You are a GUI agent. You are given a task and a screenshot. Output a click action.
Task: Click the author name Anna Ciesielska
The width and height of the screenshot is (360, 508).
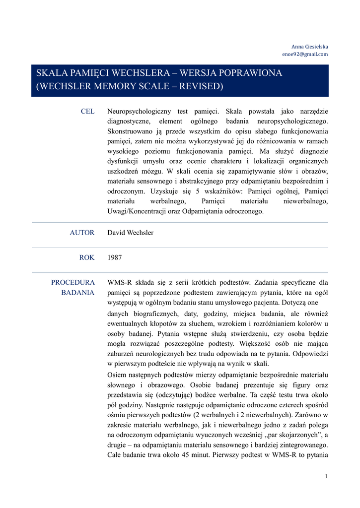pos(309,47)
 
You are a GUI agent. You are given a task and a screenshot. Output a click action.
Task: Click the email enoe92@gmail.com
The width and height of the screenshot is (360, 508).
pos(305,54)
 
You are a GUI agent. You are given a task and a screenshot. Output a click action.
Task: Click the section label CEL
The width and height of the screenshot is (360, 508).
pos(87,112)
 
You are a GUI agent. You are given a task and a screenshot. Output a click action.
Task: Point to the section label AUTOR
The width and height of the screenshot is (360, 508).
pos(82,233)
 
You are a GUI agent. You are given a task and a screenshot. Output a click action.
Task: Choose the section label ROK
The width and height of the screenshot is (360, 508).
pos(86,257)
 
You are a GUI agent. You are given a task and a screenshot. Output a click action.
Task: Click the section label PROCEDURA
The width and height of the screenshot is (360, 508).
pos(73,282)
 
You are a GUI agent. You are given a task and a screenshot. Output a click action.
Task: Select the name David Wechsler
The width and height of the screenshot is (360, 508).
pos(131,233)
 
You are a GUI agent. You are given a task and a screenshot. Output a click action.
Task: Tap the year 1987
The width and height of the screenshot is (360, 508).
pos(115,257)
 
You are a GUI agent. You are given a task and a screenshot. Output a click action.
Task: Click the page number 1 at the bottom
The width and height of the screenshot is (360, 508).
pos(326,476)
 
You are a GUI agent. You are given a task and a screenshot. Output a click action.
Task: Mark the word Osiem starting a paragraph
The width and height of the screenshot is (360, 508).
pos(117,374)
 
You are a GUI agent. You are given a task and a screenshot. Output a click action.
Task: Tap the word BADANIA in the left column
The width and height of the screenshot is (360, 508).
pos(78,292)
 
